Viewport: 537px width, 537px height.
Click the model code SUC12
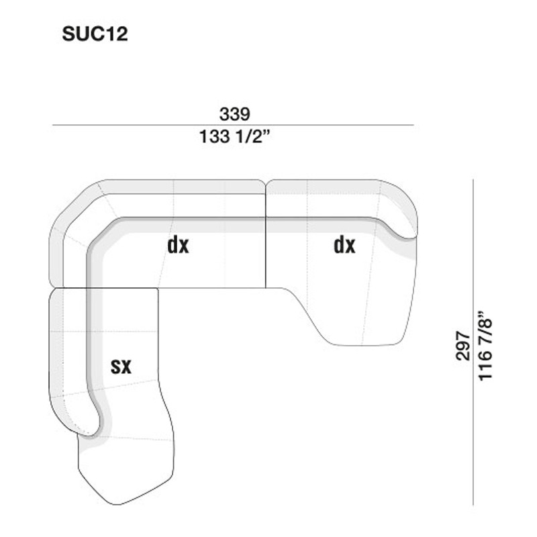tap(95, 34)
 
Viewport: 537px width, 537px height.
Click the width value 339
tap(234, 114)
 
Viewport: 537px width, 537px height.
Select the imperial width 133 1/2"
tap(235, 136)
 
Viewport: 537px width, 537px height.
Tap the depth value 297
tap(462, 346)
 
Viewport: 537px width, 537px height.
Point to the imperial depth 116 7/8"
tap(485, 346)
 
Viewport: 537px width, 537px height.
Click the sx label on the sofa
tap(121, 366)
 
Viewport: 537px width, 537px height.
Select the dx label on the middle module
tap(178, 245)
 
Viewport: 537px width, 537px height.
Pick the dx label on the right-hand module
tap(344, 245)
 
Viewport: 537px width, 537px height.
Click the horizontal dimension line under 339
tap(233, 125)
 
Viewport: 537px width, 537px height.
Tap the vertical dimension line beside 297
tap(473, 342)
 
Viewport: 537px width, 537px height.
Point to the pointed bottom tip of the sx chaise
tap(116, 504)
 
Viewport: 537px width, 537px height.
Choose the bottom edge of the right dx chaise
tap(363, 345)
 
